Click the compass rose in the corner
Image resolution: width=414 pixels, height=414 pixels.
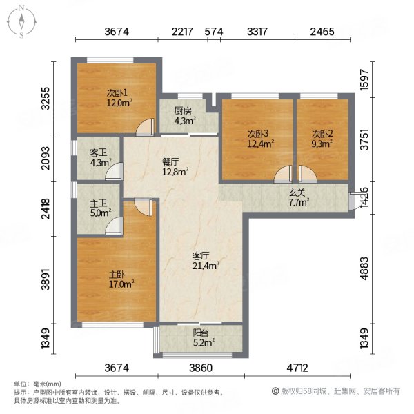21,22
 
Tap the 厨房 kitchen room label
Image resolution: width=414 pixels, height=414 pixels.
183,111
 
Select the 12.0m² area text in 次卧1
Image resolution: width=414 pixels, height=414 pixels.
119,103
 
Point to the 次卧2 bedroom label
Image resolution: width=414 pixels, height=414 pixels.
322,134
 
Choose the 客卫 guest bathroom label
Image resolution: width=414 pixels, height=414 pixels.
99,152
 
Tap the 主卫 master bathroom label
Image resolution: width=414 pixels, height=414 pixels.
99,204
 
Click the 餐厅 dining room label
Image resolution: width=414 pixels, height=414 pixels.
170,162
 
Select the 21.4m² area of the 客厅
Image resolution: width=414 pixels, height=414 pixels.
206,266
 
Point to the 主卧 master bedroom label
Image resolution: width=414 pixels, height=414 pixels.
117,275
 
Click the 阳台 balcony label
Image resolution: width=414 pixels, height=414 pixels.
201,333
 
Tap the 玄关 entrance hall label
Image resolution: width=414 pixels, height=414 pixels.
297,193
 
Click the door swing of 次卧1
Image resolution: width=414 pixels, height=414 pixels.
145,127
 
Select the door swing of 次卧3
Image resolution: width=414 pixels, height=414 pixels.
283,175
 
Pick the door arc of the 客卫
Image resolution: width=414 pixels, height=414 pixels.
114,172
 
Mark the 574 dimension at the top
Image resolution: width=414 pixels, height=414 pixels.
214,32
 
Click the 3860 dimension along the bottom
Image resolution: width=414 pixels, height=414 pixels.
201,368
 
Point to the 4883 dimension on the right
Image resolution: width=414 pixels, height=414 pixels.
364,268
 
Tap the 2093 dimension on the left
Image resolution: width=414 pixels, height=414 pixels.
46,158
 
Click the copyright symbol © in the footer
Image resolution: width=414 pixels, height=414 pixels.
275,391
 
